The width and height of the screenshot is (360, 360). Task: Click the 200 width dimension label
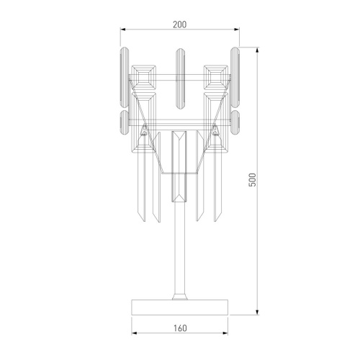pos(179,24)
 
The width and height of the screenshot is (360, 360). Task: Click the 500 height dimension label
pos(253,179)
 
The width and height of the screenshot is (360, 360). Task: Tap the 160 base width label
pos(180,328)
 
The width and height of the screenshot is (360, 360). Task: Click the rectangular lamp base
pos(180,307)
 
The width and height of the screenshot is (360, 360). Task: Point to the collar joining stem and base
pos(180,296)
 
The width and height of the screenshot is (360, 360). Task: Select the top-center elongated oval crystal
pos(180,78)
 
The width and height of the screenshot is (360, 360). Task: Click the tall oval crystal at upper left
pos(125,77)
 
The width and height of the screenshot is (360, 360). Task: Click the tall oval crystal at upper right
pos(235,77)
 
